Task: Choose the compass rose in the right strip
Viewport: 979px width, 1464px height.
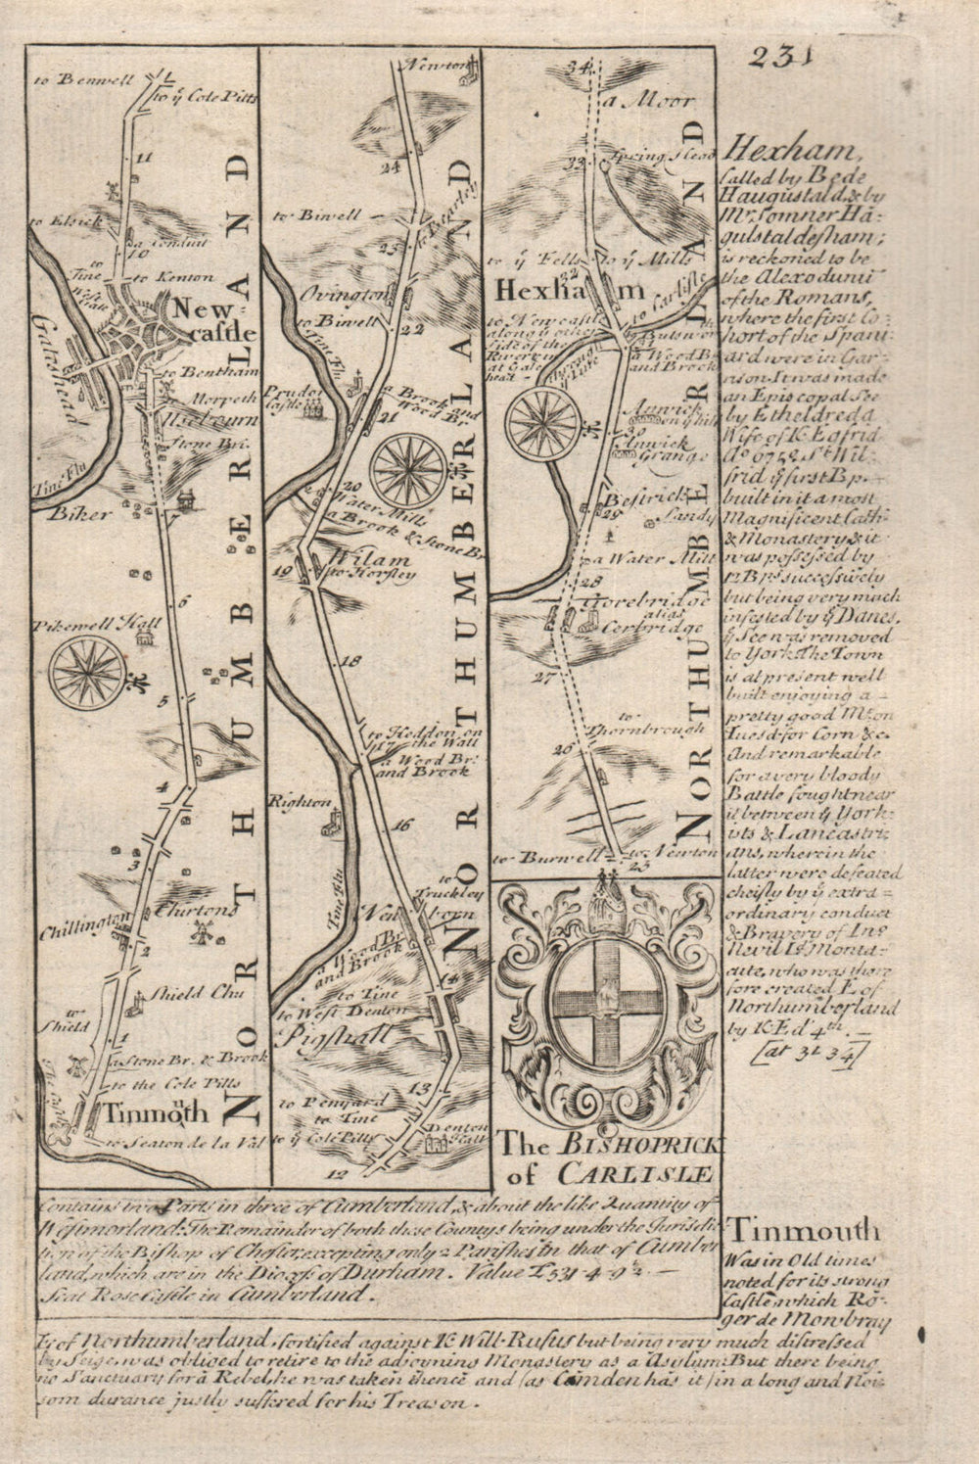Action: pos(541,422)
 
